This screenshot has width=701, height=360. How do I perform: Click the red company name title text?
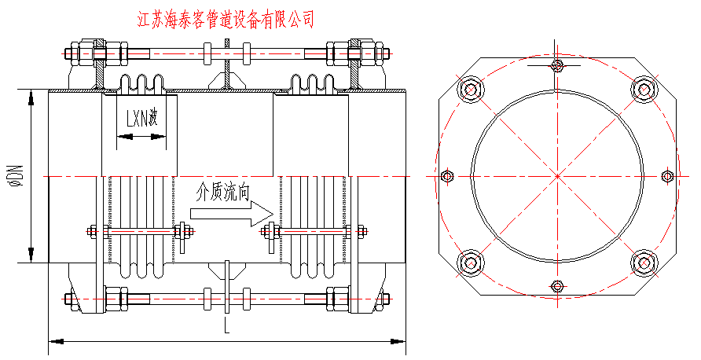click(x=226, y=18)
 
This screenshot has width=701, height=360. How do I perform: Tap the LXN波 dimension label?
click(x=142, y=119)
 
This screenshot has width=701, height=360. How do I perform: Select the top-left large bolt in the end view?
click(x=471, y=90)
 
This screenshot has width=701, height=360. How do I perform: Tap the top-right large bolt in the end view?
click(x=644, y=90)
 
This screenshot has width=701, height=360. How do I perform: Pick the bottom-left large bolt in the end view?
click(x=471, y=262)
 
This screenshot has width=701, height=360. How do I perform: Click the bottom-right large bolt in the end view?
click(x=644, y=262)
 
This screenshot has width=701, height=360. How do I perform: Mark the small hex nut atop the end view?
click(x=557, y=65)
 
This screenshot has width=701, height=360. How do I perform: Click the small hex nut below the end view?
click(x=557, y=285)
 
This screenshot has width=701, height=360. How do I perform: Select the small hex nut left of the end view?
click(x=447, y=175)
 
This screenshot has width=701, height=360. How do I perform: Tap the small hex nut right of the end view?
click(x=668, y=175)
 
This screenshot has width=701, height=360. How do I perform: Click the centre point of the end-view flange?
click(x=557, y=175)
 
